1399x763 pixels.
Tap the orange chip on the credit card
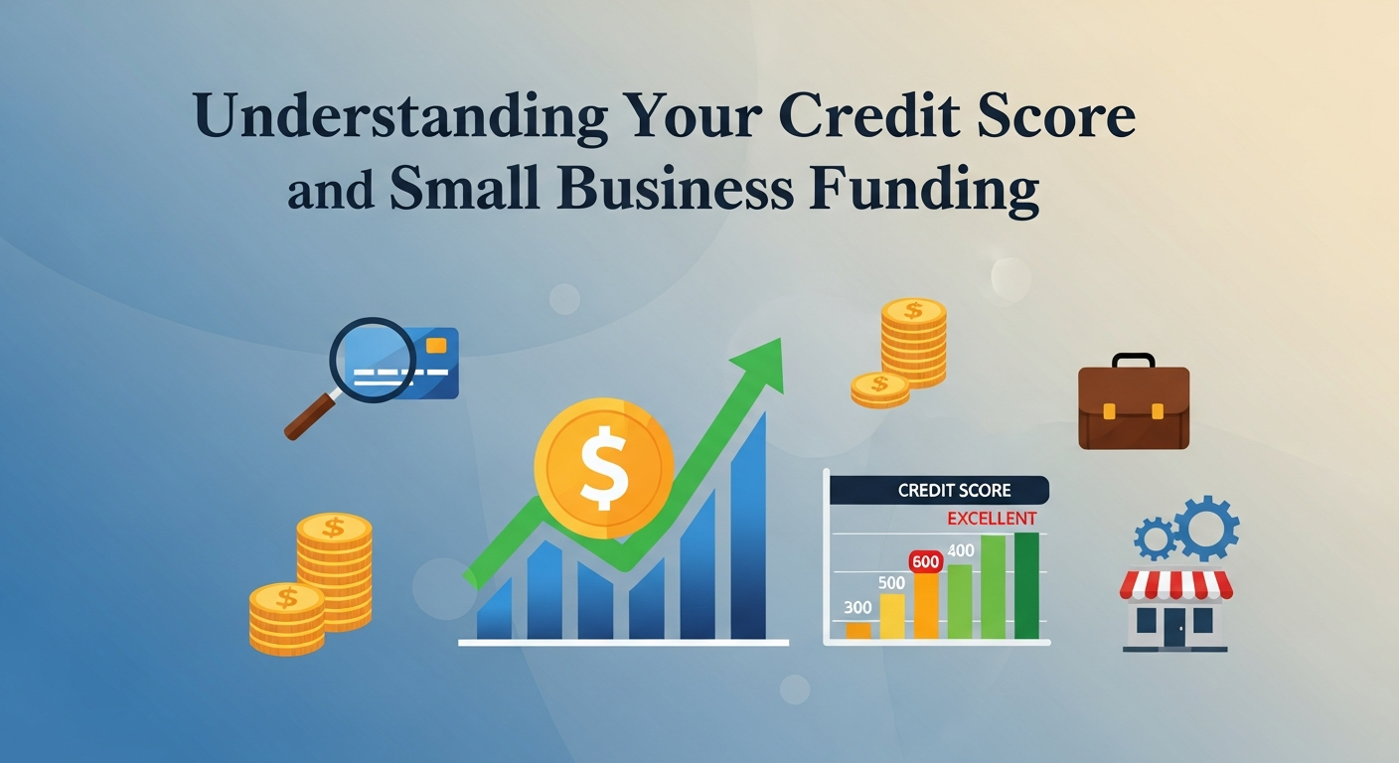point(434,345)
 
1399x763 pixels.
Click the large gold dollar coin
point(603,467)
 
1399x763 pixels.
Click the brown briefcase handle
point(1134,360)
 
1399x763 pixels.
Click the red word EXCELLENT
point(991,519)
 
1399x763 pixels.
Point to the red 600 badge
point(925,561)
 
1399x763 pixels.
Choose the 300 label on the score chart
point(857,607)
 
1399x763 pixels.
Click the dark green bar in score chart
point(1026,585)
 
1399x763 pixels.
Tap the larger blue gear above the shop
point(1206,527)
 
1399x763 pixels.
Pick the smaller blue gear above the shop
point(1155,538)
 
